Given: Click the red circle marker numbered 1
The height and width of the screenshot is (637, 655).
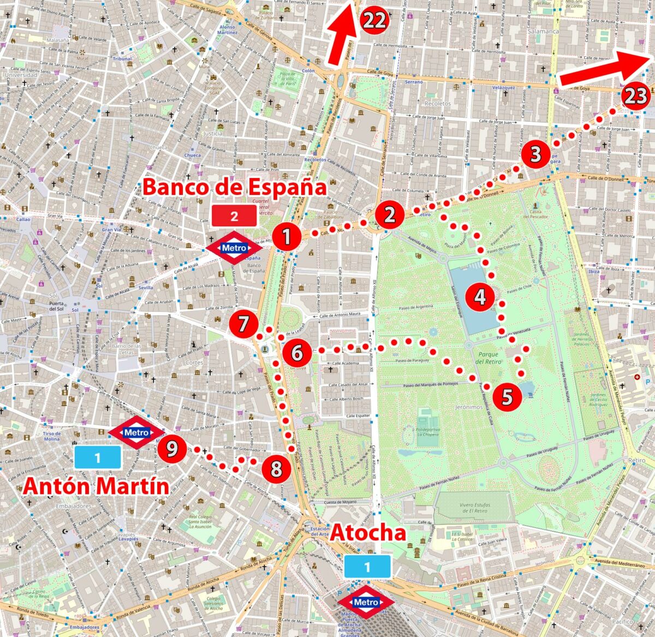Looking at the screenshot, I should (285, 237).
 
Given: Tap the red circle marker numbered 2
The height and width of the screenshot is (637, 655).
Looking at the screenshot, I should (389, 215).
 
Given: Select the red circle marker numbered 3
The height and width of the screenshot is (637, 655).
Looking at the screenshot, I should (535, 154).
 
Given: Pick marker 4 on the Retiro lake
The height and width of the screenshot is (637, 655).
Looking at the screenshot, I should (480, 297).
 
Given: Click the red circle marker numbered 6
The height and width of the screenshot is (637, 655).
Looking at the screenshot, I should (297, 353).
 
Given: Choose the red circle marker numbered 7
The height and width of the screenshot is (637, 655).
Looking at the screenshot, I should (243, 324).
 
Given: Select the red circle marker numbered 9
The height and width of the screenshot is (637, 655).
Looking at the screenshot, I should (172, 449).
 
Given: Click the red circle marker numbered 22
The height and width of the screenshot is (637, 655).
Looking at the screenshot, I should (374, 21).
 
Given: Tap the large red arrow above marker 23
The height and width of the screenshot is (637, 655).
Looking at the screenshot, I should (606, 70).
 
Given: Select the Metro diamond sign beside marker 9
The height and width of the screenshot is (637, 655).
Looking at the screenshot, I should (136, 433).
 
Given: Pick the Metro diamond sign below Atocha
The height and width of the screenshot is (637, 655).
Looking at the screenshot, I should (366, 602).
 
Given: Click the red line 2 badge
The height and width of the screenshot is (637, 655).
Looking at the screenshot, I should (234, 216).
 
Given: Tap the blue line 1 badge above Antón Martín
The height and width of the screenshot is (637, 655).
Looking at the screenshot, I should (98, 457).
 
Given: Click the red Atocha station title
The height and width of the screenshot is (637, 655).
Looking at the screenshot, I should (368, 532).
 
